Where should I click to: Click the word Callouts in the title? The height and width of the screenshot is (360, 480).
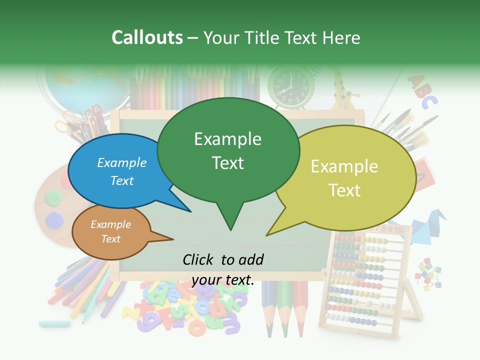[147, 37]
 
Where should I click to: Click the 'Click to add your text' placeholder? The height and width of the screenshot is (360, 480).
[223, 269]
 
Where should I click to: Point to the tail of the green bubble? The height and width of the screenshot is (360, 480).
[230, 220]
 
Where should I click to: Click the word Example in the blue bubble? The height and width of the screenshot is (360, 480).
[122, 162]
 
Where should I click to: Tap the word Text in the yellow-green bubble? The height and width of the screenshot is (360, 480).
[345, 190]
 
